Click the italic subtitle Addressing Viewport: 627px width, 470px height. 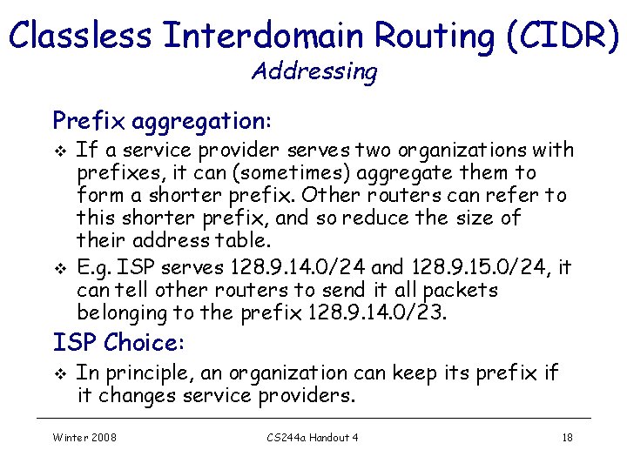(314, 71)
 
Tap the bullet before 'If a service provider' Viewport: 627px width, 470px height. (59, 151)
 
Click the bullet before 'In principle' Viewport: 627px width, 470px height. (59, 374)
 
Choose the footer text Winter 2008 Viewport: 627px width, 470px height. (84, 437)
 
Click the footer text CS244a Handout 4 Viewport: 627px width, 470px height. (313, 437)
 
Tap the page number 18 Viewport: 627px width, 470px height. (567, 437)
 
